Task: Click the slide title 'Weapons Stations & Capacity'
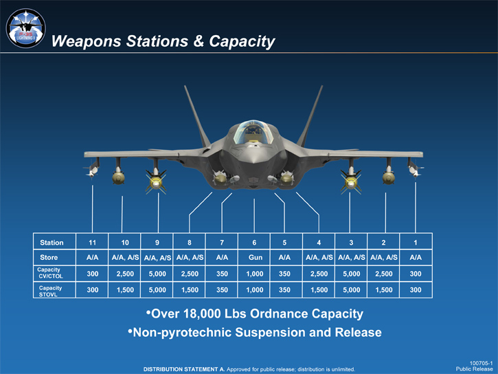pyautogui.click(x=163, y=41)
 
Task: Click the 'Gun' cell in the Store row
pyautogui.click(x=254, y=258)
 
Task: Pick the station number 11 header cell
pyautogui.click(x=92, y=243)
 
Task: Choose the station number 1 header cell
pyautogui.click(x=415, y=243)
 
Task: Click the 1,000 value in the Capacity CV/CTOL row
pyautogui.click(x=254, y=274)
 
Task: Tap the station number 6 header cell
pyautogui.click(x=254, y=243)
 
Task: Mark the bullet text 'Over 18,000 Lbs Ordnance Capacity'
pyautogui.click(x=254, y=314)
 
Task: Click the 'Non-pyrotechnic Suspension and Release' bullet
pyautogui.click(x=254, y=333)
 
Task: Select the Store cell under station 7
pyautogui.click(x=222, y=258)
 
